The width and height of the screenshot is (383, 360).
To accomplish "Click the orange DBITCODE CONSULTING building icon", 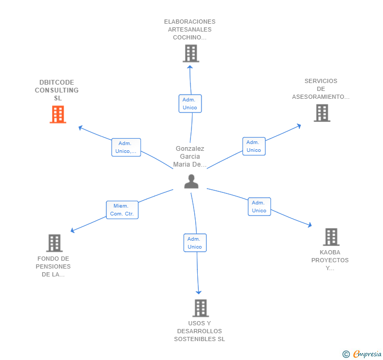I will (58, 114).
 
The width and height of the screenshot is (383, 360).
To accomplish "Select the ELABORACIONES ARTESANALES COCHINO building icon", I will (190, 53).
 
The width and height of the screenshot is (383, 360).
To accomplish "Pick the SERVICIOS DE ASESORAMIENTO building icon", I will (321, 112).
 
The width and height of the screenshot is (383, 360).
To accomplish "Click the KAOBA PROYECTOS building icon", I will (330, 237).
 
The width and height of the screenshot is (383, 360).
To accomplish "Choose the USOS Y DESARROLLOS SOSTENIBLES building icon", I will (200, 308).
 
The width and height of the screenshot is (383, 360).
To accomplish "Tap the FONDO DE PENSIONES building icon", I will (54, 243).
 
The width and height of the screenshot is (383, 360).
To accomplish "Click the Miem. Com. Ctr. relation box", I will (122, 210).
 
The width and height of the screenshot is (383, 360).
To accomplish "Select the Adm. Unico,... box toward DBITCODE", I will (126, 147).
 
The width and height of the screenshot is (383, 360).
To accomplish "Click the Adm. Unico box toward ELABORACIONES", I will (190, 104).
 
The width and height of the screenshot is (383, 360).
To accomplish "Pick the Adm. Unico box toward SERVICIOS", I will (254, 146).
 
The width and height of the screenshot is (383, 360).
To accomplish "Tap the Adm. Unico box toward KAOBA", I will (259, 207).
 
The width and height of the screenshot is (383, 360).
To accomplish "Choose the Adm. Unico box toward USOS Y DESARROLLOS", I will (195, 243).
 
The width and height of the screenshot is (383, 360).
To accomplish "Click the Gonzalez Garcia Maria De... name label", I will (190, 157).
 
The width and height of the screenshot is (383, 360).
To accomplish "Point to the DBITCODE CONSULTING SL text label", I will (57, 90).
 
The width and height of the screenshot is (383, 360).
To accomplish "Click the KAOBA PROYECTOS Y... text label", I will (330, 260).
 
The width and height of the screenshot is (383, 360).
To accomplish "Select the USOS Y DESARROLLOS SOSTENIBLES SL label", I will (199, 331).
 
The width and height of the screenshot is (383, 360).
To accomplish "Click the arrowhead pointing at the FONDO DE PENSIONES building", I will (73, 231).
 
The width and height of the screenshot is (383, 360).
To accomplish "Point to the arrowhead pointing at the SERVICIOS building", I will (299, 126).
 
